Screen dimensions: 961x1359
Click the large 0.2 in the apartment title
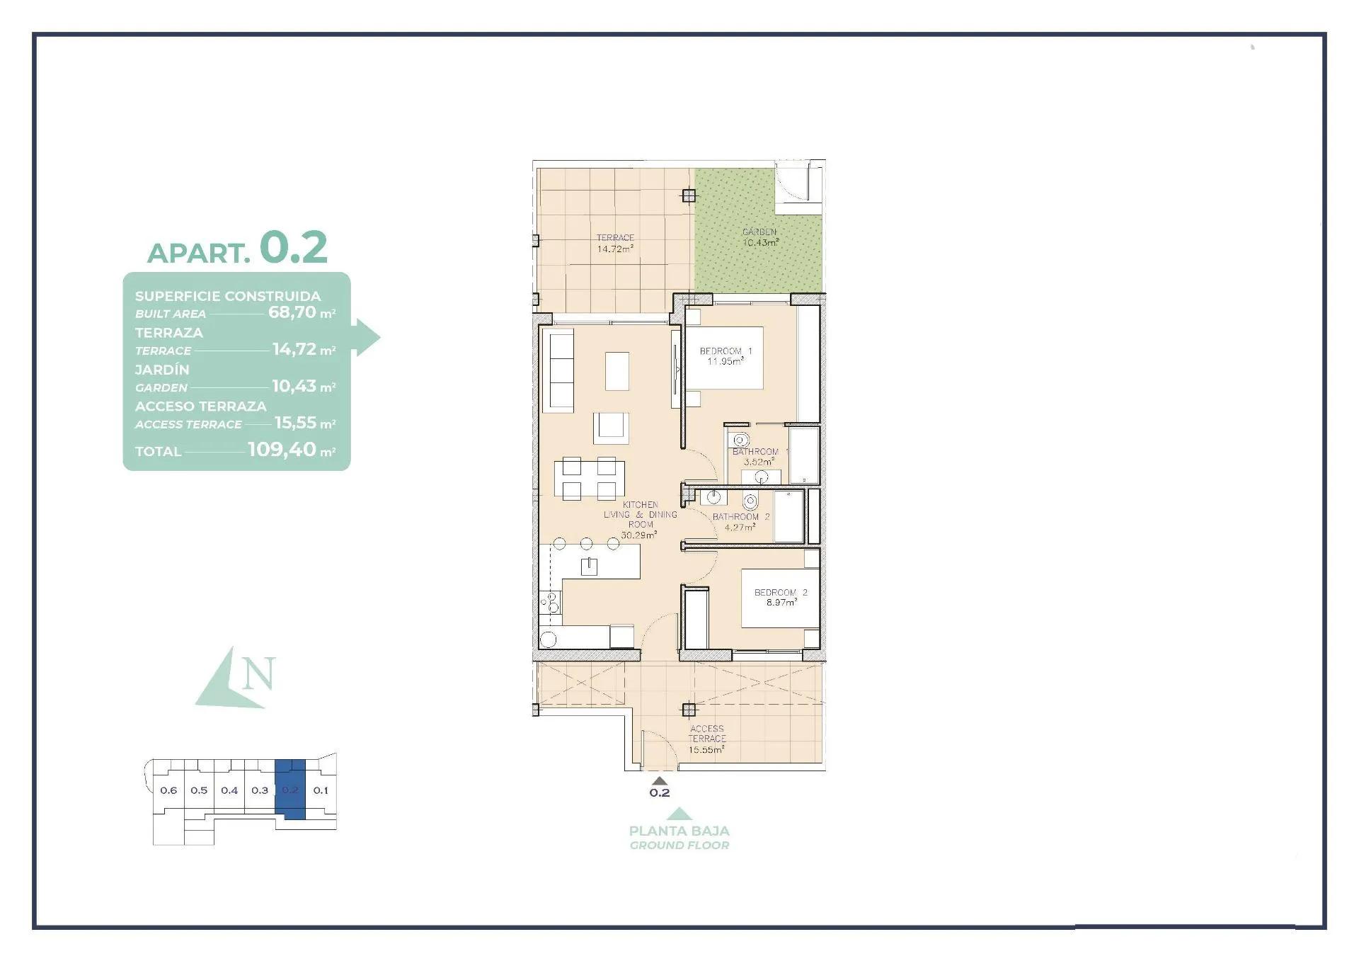point(293,247)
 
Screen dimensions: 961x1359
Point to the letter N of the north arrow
point(258,674)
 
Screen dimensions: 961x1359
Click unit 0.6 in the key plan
point(168,790)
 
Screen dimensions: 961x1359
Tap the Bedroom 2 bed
point(779,598)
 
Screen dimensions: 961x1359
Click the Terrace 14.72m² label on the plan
point(614,243)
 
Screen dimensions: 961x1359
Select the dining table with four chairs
point(589,479)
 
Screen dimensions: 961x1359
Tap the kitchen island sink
point(589,566)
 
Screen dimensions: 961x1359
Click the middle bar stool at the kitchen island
point(586,544)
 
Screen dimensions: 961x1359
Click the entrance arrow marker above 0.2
point(659,780)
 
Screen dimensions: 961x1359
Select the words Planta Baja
point(679,831)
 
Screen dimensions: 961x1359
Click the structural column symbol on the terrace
point(689,196)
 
